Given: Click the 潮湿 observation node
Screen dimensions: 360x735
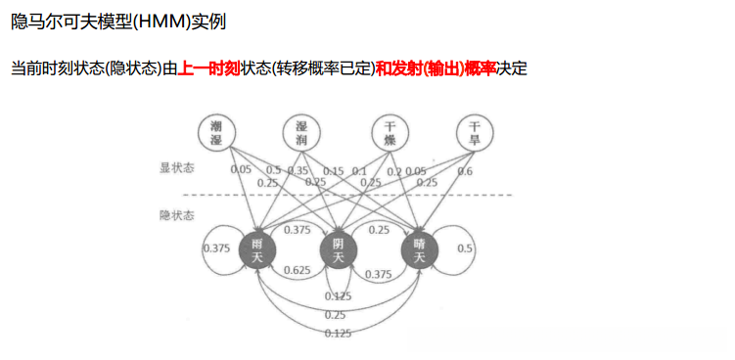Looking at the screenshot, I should tap(216, 132).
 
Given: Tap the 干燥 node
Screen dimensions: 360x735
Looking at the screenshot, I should tap(390, 132).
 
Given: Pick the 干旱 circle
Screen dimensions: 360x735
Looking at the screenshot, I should tap(475, 132).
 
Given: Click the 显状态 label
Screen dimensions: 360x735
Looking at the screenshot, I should tap(177, 167).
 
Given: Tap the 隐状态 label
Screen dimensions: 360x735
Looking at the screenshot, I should tap(177, 213).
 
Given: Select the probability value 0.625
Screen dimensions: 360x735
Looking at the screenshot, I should tap(297, 270).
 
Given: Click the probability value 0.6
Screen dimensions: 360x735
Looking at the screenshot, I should tap(465, 171).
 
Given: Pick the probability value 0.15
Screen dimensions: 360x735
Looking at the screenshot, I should tap(333, 171).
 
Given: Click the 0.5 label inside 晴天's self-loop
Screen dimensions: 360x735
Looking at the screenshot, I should tap(465, 248).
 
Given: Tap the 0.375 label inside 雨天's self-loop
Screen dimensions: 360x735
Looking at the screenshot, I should tap(216, 248).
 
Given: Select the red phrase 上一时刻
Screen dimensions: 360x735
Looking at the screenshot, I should tap(208, 69).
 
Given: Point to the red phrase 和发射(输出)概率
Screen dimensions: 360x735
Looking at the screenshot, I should tap(436, 69).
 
